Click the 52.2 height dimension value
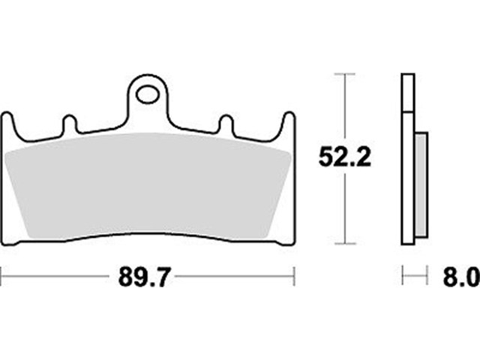click(345, 157)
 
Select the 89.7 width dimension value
click(143, 277)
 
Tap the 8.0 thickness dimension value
click(461, 277)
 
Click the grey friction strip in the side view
click(421, 185)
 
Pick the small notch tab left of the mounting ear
click(70, 124)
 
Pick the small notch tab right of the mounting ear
click(226, 124)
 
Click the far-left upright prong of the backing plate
click(8, 125)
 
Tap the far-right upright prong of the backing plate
click(289, 125)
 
